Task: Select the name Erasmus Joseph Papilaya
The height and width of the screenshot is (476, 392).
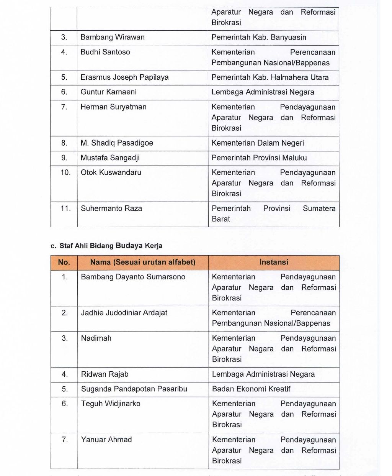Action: point(124,77)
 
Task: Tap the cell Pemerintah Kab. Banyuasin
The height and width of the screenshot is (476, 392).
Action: point(259,37)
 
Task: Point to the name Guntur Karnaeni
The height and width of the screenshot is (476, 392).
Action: point(108,92)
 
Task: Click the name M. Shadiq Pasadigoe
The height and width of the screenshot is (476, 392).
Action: point(117,143)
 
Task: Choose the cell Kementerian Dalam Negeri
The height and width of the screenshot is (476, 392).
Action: point(258,143)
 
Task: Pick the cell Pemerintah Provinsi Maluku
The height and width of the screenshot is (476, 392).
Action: point(259,158)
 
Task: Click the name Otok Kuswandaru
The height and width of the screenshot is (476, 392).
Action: point(111,172)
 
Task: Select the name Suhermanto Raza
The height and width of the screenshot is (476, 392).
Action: point(111,208)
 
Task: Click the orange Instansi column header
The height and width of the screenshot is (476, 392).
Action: point(274,263)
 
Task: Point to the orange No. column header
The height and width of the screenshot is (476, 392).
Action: point(64,263)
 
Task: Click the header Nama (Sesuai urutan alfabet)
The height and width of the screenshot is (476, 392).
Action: point(143,263)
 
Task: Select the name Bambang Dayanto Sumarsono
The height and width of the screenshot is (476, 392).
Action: point(133,277)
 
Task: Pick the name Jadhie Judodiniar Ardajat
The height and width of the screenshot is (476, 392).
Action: point(124,313)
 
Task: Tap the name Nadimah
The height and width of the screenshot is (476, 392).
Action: point(96,338)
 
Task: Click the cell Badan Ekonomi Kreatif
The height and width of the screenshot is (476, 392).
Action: point(251,389)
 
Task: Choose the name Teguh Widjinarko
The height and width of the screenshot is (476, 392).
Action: point(111,404)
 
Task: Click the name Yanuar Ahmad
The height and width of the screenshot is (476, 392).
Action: point(106,440)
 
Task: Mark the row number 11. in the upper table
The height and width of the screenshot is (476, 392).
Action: point(65,208)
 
